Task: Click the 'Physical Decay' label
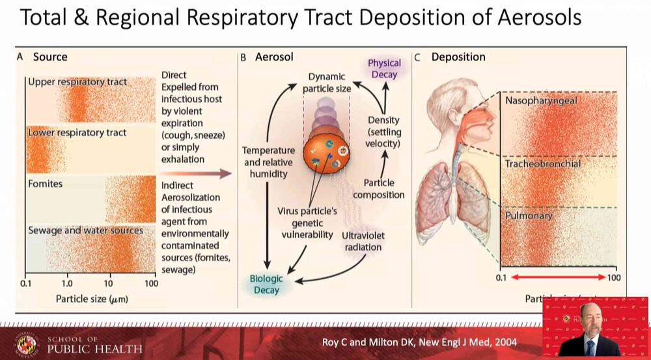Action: (x=384, y=68)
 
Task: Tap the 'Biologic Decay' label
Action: (x=267, y=284)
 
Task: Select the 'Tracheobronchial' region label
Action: (x=543, y=163)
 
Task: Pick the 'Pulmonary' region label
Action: (x=529, y=215)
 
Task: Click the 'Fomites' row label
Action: (x=46, y=184)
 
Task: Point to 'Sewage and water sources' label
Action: (x=85, y=230)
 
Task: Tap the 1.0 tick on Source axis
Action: (x=67, y=284)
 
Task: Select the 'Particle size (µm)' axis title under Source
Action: (x=90, y=299)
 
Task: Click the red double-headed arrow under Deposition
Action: (x=557, y=278)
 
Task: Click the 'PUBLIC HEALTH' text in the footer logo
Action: (x=94, y=349)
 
